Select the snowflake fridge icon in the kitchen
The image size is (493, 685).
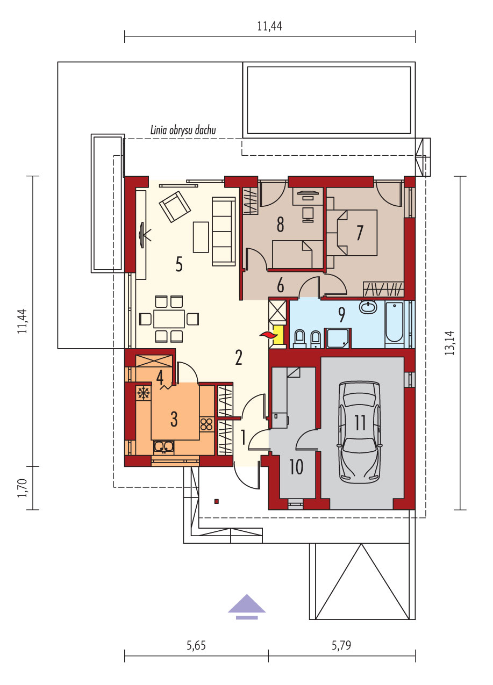pyautogui.click(x=143, y=393)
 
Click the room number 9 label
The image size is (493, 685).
pyautogui.click(x=341, y=315)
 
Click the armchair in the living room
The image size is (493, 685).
pyautogui.click(x=175, y=206)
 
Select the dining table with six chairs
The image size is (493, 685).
pyautogui.click(x=169, y=319)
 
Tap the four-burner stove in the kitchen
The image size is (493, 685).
pyautogui.click(x=206, y=424)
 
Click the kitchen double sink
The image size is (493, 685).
pyautogui.click(x=164, y=446)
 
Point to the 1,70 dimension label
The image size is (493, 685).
pyautogui.click(x=22, y=488)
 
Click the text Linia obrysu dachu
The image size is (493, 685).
pyautogui.click(x=183, y=130)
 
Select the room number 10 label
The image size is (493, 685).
pyautogui.click(x=296, y=467)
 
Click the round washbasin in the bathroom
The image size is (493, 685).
pyautogui.click(x=368, y=307)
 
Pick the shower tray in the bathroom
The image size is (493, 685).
pyautogui.click(x=339, y=338)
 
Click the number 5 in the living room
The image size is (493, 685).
pyautogui.click(x=179, y=264)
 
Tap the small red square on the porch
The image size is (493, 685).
pyautogui.click(x=217, y=501)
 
